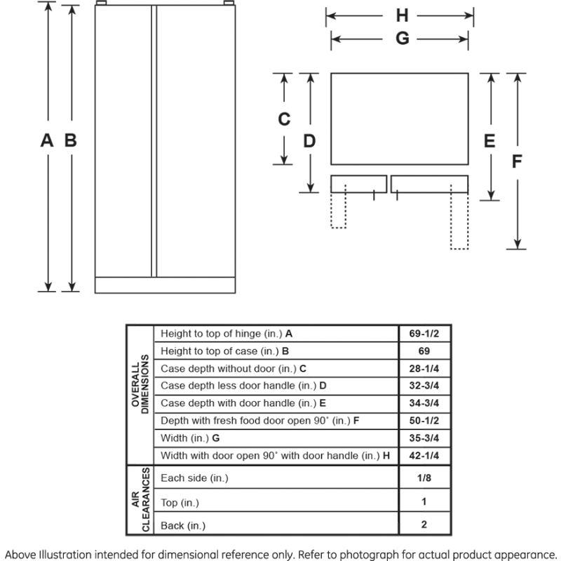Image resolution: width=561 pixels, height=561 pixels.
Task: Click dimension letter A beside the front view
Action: [x=47, y=140]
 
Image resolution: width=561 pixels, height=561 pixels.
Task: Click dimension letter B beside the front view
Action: [x=70, y=140]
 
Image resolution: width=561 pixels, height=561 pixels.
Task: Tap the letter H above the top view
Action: [x=402, y=15]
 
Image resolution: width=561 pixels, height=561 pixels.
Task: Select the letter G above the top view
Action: [x=402, y=39]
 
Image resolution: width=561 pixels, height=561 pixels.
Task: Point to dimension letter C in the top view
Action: [x=284, y=119]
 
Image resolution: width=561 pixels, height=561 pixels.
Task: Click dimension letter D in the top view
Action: [x=309, y=140]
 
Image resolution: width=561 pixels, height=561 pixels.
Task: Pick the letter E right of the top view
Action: [x=490, y=140]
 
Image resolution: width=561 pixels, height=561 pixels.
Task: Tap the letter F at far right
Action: [x=517, y=161]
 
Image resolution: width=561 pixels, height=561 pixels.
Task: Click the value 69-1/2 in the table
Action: [x=424, y=334]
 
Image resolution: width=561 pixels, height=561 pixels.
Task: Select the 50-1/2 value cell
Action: [x=424, y=421]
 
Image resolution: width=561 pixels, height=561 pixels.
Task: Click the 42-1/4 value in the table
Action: [x=424, y=456]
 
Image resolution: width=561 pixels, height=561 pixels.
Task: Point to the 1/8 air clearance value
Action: [x=424, y=478]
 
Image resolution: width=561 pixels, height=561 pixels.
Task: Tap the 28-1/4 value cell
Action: [x=424, y=368]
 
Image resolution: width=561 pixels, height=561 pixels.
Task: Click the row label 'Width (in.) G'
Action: [x=191, y=438]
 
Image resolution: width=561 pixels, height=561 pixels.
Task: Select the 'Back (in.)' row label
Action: [x=184, y=525]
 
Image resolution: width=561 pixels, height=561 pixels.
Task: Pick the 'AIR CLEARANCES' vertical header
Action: [x=140, y=500]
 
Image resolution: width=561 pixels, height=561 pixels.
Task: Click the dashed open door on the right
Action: [x=459, y=221]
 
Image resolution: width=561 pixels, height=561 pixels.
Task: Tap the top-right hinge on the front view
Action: [x=227, y=6]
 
